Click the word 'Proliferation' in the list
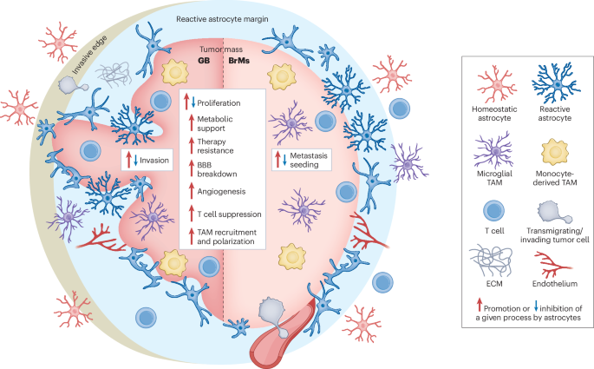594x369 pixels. coord(217,102)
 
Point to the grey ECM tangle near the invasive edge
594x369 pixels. coord(119,69)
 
